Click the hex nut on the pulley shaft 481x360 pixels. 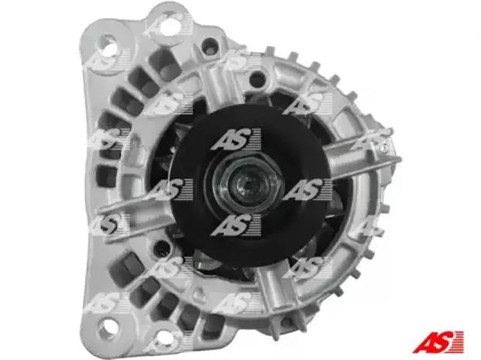pos(248,183)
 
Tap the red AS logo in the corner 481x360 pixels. pos(437,342)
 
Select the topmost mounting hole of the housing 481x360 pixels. pos(170,25)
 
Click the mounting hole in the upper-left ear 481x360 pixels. pos(108,44)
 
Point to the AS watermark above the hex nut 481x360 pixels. pos(235,140)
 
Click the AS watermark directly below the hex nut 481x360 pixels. pos(235,225)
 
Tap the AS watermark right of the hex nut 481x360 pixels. pos(307,189)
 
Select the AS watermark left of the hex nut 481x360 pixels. pos(168,189)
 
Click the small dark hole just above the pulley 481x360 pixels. pos(257,79)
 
